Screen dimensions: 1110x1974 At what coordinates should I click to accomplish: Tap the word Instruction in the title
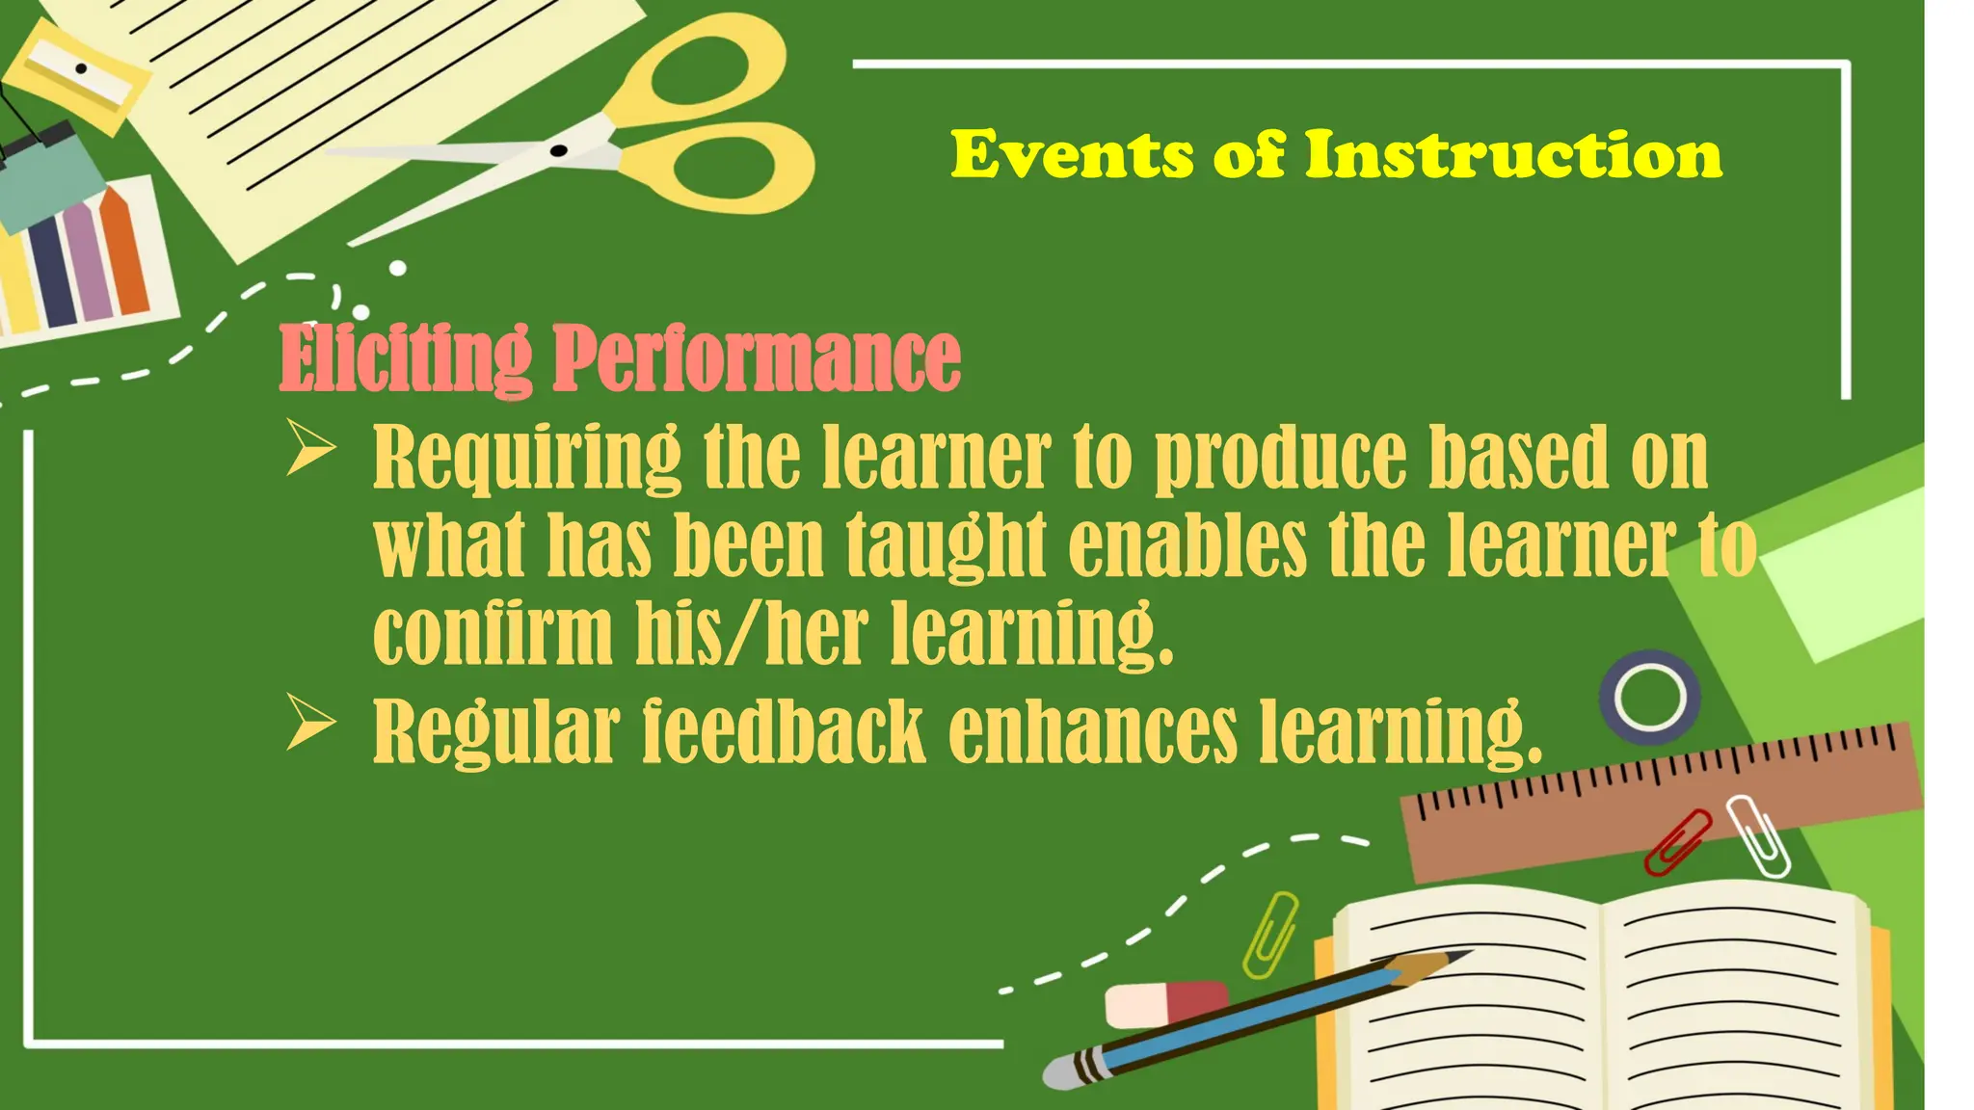point(1512,156)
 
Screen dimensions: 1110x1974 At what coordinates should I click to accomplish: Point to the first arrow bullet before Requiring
point(310,450)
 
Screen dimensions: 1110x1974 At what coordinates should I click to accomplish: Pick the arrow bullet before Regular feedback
point(310,725)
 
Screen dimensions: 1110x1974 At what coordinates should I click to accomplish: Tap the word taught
point(946,545)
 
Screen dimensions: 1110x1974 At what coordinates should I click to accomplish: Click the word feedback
point(784,732)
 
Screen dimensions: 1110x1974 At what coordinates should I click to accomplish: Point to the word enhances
point(1092,732)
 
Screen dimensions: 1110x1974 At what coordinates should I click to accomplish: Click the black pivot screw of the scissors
point(558,151)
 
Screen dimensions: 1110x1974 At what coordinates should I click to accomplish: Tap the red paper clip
point(1678,841)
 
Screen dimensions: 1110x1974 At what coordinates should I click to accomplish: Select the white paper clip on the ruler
point(1758,835)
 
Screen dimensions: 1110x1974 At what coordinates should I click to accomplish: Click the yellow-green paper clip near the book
point(1270,935)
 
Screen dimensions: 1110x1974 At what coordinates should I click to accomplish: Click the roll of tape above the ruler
point(1649,698)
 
